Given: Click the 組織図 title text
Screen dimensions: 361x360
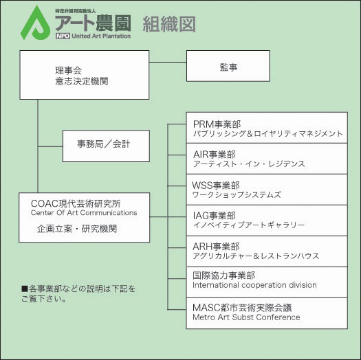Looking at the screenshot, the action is pyautogui.click(x=169, y=24).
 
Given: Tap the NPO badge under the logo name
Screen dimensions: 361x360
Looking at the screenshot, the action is pyautogui.click(x=63, y=36).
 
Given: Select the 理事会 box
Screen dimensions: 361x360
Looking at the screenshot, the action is pyautogui.click(x=85, y=75).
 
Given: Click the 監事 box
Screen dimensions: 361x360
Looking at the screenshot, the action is pyautogui.click(x=228, y=66).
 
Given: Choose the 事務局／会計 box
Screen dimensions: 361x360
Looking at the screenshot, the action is pyautogui.click(x=106, y=146).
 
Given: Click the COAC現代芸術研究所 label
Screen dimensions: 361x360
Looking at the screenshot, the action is pyautogui.click(x=76, y=203).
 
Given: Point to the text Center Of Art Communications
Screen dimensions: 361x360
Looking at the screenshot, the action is pyautogui.click(x=84, y=213).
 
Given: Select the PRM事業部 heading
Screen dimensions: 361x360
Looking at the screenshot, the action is pyautogui.click(x=217, y=124).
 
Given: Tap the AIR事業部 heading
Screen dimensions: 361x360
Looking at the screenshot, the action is pyautogui.click(x=215, y=155).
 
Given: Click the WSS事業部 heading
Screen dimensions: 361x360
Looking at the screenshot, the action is pyautogui.click(x=216, y=185).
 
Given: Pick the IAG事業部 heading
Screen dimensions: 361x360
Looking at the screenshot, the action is pyautogui.click(x=215, y=216).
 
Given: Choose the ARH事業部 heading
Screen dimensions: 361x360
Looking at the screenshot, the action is pyautogui.click(x=216, y=247).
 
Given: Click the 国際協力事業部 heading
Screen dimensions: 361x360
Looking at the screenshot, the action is pyautogui.click(x=223, y=275).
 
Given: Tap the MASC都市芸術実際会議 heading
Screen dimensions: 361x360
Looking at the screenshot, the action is pyautogui.click(x=242, y=308).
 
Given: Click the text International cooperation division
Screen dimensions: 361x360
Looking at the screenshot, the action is pyautogui.click(x=254, y=285).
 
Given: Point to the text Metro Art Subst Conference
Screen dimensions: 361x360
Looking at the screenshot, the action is pyautogui.click(x=246, y=317).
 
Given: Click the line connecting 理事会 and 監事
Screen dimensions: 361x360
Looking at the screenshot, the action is pyautogui.click(x=168, y=62).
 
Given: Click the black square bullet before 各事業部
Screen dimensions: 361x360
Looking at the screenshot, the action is pyautogui.click(x=24, y=289).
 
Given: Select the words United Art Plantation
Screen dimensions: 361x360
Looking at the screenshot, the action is pyautogui.click(x=101, y=36).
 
